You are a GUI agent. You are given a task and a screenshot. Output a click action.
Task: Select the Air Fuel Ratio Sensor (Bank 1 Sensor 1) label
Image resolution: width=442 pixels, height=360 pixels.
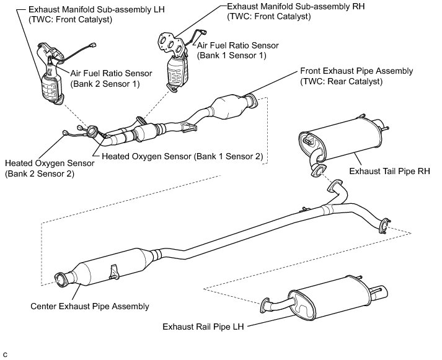pyautogui.click(x=238, y=50)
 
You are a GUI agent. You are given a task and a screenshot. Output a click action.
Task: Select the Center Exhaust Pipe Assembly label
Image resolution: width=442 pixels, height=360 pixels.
pyautogui.click(x=90, y=306)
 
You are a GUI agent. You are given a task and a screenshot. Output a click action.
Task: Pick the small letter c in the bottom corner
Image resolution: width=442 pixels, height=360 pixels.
pyautogui.click(x=5, y=354)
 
